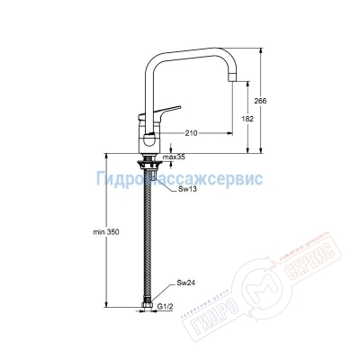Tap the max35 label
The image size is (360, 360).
click(x=174, y=157)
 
